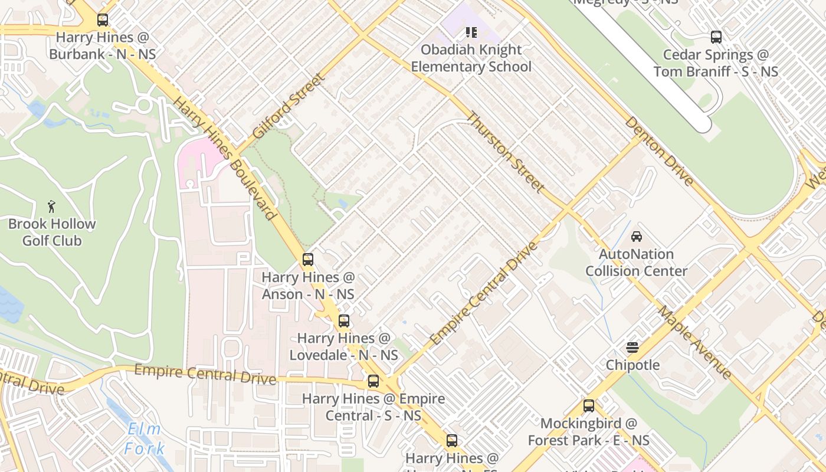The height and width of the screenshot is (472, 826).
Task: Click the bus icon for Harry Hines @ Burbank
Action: (103, 20)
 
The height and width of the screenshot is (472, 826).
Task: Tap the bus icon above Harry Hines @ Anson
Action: (307, 260)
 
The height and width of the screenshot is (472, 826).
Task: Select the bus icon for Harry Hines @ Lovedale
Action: (344, 321)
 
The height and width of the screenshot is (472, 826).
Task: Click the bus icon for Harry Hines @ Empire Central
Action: (373, 381)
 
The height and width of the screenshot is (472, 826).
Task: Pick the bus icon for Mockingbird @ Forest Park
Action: (588, 406)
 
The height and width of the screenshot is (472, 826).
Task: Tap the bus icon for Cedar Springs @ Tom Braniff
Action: (716, 37)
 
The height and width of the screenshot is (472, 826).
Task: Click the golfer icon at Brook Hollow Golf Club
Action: (52, 206)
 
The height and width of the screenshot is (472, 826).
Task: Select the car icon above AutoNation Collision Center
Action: (636, 237)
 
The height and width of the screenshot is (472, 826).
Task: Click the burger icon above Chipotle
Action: (632, 348)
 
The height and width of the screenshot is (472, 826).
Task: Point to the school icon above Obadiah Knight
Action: (471, 32)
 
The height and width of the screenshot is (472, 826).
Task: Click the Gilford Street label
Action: (288, 106)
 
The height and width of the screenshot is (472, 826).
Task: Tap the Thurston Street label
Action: (506, 152)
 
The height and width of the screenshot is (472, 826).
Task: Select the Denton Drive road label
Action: (659, 150)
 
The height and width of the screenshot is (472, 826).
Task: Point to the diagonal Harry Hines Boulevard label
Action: (225, 158)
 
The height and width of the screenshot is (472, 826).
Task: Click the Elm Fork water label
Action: (144, 438)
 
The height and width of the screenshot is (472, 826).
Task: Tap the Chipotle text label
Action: (632, 365)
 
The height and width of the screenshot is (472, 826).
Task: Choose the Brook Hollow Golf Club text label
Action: (52, 232)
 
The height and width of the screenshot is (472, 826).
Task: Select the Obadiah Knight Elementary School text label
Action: (471, 58)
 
